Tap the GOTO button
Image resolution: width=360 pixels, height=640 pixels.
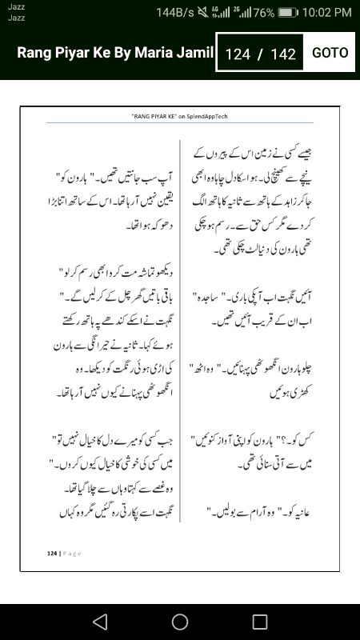coord(330,53)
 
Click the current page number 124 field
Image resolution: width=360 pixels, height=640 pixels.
coord(238,54)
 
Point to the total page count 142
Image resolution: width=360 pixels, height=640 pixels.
coord(283,54)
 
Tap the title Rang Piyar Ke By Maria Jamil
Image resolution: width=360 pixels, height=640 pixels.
coord(115,54)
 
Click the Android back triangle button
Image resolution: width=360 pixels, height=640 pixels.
coord(99,621)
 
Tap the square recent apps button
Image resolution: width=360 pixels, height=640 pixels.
coord(260,621)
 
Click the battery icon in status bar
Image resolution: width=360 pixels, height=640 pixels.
coord(289,12)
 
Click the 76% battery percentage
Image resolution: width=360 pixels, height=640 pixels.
coord(263,12)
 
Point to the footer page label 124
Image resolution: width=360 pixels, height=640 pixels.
coord(53,552)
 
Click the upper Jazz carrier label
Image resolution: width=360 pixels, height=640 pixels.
coord(17,6)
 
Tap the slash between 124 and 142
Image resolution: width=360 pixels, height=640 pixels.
coord(260,54)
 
